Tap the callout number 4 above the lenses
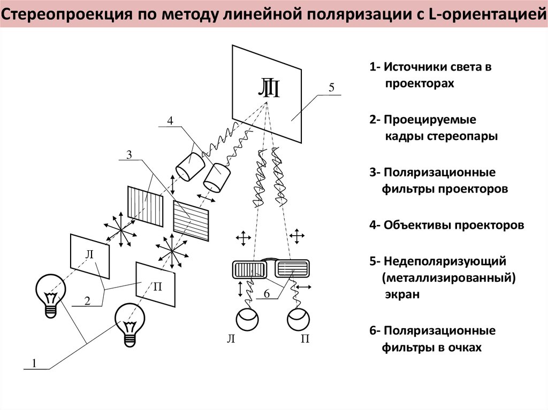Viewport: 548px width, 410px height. [x=170, y=121]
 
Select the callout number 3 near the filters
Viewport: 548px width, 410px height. [x=129, y=155]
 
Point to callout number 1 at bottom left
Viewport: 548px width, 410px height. [x=34, y=363]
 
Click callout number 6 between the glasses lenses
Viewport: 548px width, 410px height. [x=267, y=295]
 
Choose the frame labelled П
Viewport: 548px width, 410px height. [x=156, y=284]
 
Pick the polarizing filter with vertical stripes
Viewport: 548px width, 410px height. [x=145, y=206]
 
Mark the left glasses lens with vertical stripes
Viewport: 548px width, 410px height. [x=249, y=269]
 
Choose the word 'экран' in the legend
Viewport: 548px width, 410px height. [x=400, y=294]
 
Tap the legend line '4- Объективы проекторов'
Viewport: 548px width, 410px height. [x=446, y=225]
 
